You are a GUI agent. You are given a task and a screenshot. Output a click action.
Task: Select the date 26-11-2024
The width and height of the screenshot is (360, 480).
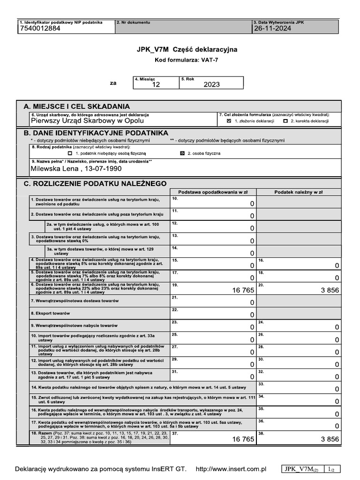[x=272, y=29]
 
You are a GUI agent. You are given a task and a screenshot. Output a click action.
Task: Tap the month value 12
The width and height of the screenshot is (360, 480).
[x=156, y=85]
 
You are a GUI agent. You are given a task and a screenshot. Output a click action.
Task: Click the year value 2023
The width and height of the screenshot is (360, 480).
[x=211, y=85]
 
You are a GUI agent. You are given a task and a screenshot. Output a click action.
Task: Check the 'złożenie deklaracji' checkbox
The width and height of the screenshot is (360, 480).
[x=229, y=121]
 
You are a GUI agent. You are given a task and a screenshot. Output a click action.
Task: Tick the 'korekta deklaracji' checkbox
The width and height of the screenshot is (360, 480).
[x=285, y=121]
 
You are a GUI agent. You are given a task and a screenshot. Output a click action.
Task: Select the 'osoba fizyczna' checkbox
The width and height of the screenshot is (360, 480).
[x=182, y=153]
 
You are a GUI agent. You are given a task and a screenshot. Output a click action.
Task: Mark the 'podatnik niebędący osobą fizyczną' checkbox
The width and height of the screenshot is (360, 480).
[x=70, y=153]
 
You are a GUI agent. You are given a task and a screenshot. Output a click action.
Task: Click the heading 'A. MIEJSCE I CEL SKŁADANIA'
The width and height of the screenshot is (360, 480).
[x=77, y=106]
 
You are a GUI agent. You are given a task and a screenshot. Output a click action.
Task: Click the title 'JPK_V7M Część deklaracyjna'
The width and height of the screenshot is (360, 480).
[x=187, y=49]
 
